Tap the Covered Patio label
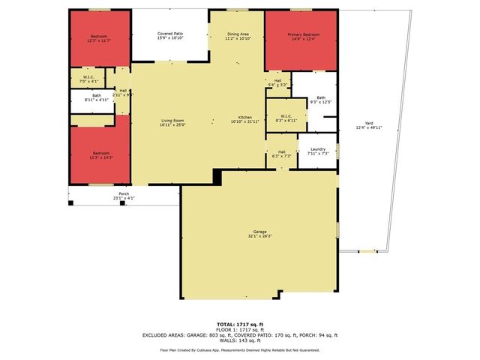pos(170,34)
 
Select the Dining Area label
pos(239,34)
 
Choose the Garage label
pos(260,232)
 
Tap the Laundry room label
pos(317,149)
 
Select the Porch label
pos(124,193)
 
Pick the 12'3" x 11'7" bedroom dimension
pos(99,41)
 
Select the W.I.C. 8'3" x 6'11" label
pos(286,118)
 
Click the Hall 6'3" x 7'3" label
pos(282,153)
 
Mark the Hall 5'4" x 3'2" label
pos(277,82)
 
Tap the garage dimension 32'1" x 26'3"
pos(260,236)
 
